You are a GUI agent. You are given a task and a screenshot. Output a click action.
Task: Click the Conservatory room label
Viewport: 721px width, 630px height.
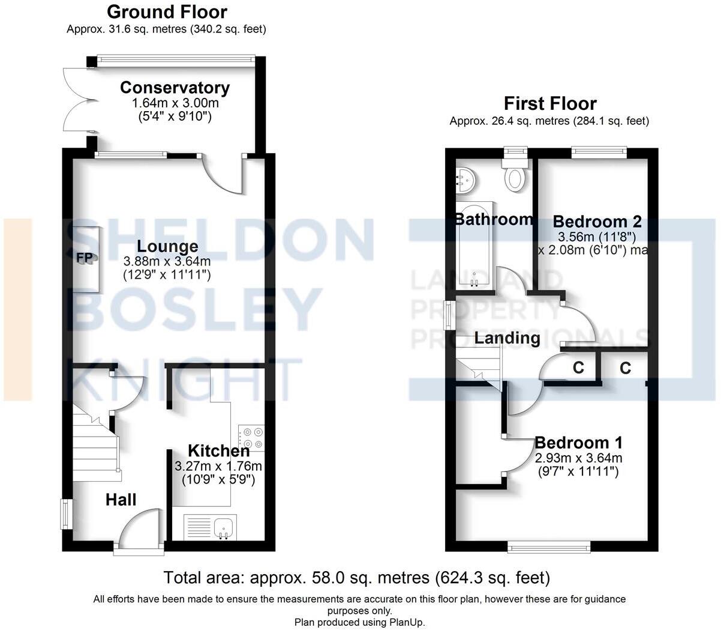pyautogui.click(x=175, y=88)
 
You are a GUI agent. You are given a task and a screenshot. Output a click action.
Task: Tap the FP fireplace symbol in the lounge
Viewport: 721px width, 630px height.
pyautogui.click(x=82, y=259)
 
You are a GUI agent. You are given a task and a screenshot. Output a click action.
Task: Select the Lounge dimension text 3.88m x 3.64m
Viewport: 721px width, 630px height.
pyautogui.click(x=167, y=262)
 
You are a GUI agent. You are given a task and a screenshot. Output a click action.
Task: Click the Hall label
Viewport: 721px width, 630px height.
pyautogui.click(x=121, y=500)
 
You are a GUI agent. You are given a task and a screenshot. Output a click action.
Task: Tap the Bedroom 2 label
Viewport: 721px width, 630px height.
pyautogui.click(x=597, y=222)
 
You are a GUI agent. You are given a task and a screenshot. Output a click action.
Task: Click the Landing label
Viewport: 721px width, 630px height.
pyautogui.click(x=507, y=338)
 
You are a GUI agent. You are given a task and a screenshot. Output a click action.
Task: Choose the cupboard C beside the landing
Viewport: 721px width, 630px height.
pyautogui.click(x=578, y=368)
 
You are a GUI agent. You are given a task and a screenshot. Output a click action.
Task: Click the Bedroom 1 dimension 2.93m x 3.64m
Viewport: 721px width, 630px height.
pyautogui.click(x=578, y=458)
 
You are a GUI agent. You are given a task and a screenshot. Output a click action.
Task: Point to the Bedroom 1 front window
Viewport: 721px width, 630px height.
pyautogui.click(x=548, y=546)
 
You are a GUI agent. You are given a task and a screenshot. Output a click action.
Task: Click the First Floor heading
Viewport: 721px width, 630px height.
pyautogui.click(x=550, y=103)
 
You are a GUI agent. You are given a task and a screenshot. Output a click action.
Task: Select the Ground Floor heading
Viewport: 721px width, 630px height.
pyautogui.click(x=167, y=11)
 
